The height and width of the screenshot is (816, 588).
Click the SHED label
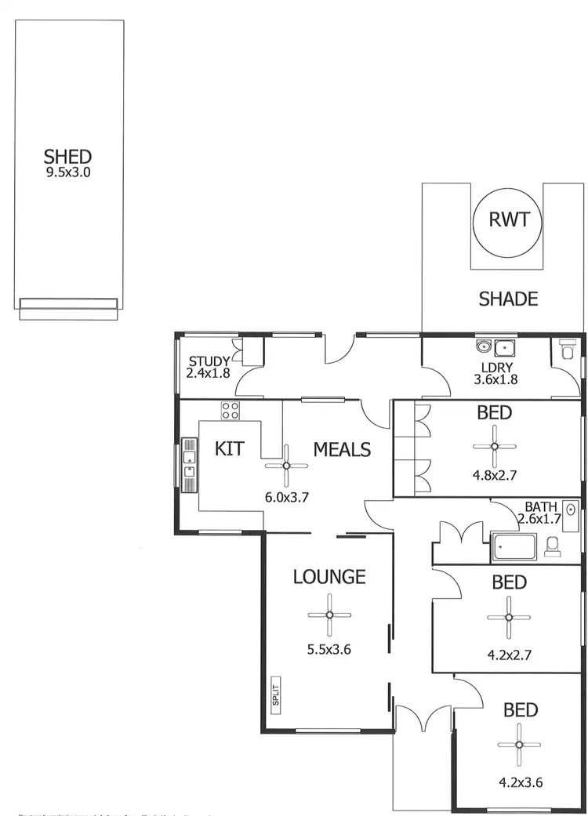(67, 157)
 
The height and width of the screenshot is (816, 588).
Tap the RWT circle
(503, 219)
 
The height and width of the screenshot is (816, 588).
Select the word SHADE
(508, 299)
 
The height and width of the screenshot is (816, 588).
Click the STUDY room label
(209, 361)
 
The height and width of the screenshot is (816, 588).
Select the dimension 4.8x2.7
(494, 474)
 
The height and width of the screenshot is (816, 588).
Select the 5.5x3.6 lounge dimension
(328, 649)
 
